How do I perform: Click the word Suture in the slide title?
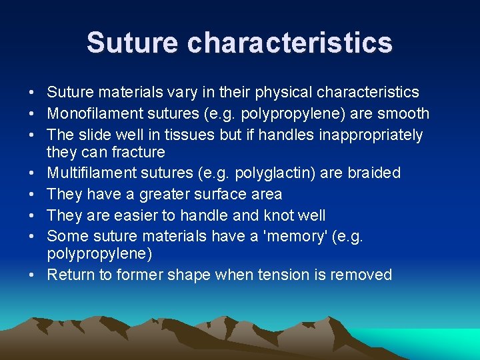point(133,43)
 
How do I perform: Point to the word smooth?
point(405,114)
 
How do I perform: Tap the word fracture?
point(138,152)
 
